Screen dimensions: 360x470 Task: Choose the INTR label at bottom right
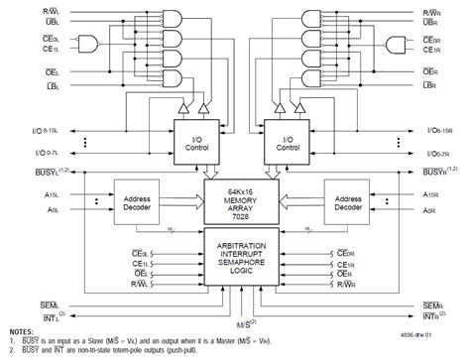[x=433, y=316]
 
